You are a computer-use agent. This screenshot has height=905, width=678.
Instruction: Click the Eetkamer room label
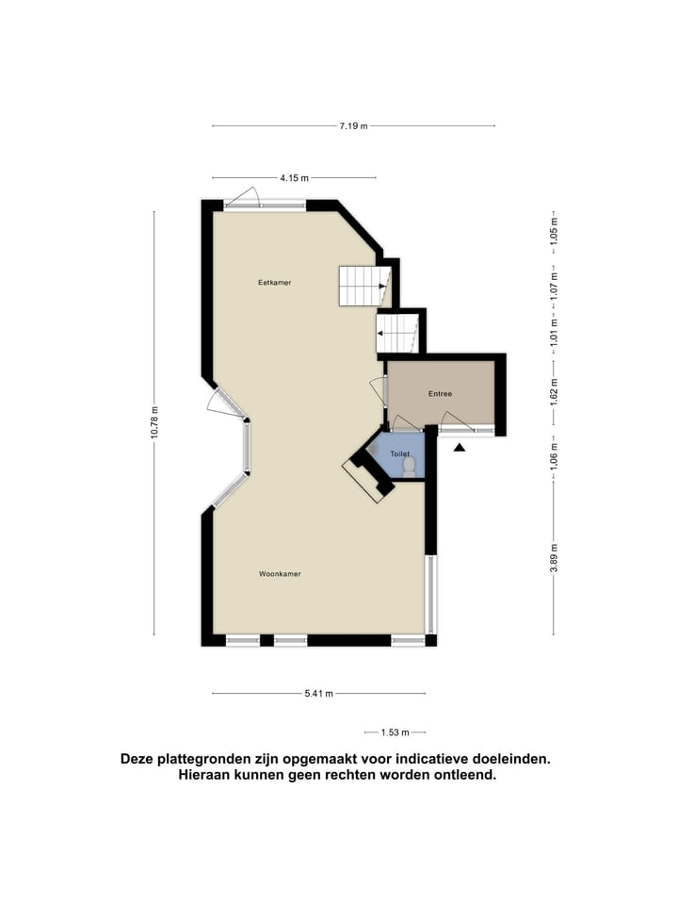click(x=274, y=283)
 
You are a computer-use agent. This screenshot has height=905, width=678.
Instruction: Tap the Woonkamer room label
click(x=281, y=573)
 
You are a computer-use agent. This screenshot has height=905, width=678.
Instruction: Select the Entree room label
click(x=440, y=394)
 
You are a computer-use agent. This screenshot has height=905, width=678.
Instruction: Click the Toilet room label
click(x=400, y=454)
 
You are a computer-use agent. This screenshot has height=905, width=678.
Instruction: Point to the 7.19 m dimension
click(x=354, y=126)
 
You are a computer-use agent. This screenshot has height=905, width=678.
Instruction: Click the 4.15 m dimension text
click(x=294, y=178)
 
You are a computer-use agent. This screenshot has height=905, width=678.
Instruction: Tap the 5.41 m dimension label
click(x=318, y=694)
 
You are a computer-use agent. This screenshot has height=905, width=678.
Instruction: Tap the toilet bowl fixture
click(x=409, y=467)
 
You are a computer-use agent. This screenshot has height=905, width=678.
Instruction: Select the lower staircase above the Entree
click(x=397, y=333)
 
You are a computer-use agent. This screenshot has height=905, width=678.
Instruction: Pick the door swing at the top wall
click(x=244, y=197)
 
